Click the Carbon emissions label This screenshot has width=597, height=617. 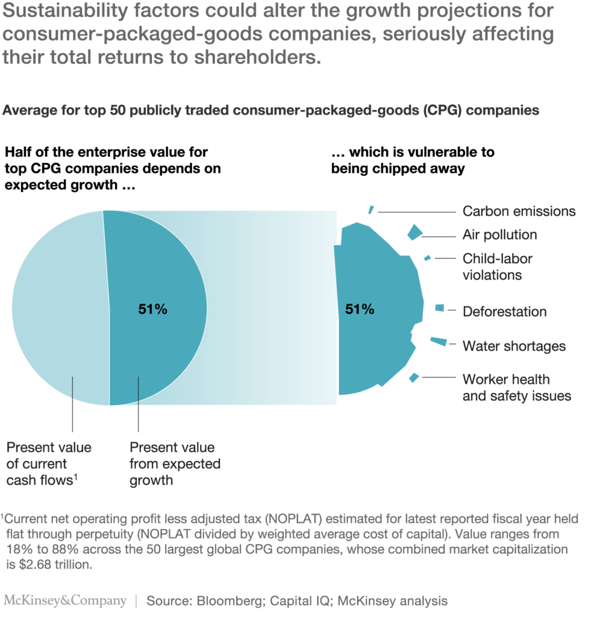click(519, 211)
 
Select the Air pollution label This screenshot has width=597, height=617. click(499, 235)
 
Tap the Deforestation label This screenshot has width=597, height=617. click(504, 312)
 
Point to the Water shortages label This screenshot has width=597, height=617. click(514, 346)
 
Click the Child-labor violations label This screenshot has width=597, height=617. click(498, 267)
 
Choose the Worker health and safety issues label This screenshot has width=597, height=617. click(516, 388)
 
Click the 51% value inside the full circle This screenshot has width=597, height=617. click(152, 310)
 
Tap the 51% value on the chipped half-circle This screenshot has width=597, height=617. click(360, 310)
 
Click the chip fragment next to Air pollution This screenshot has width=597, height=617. click(414, 233)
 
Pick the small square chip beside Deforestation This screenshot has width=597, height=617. click(439, 308)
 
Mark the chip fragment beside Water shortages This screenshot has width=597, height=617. click(439, 342)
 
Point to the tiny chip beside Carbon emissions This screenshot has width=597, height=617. click(371, 210)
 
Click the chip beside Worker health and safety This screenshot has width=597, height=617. click(414, 378)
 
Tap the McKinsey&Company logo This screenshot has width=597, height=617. click(65, 601)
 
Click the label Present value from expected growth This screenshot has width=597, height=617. click(175, 464)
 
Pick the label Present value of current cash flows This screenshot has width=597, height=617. click(49, 464)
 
